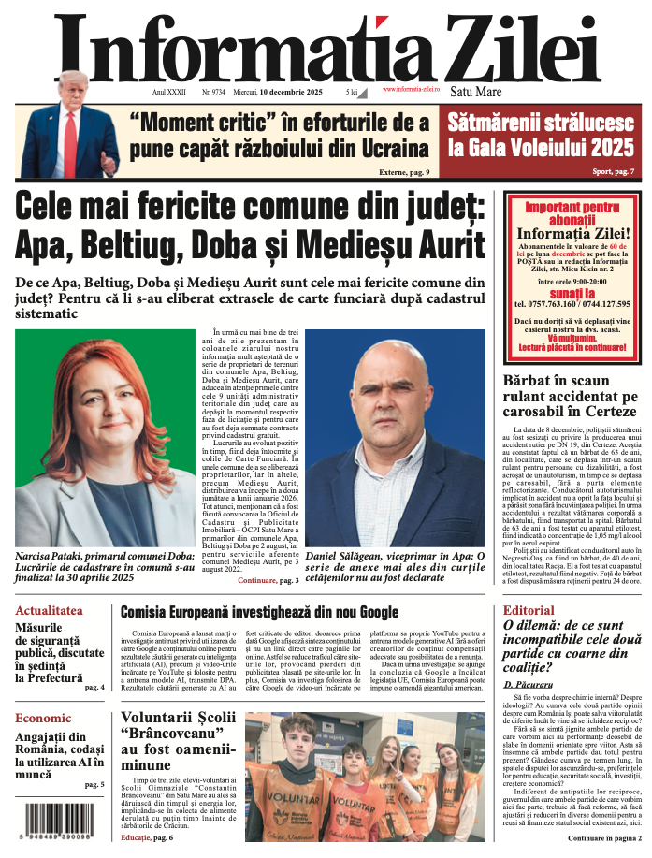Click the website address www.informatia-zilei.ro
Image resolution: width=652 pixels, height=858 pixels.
(411, 89)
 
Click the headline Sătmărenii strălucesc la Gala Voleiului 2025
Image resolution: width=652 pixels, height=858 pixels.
(542, 134)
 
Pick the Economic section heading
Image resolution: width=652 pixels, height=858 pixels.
(43, 719)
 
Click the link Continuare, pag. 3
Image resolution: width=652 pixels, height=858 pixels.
(268, 581)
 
